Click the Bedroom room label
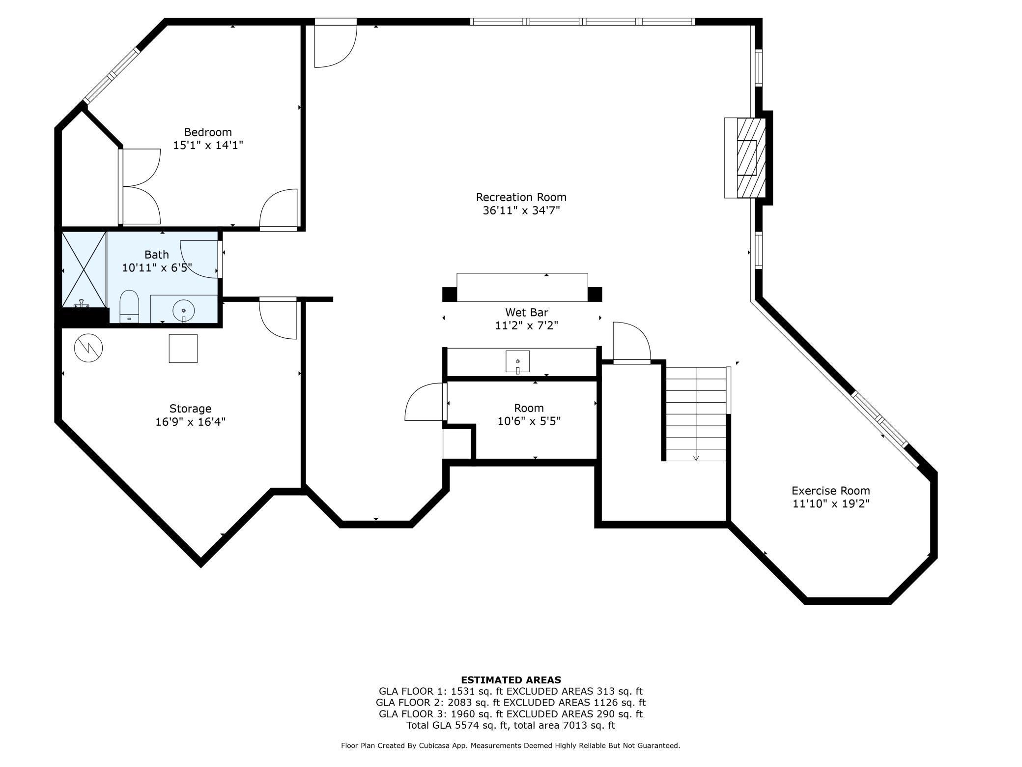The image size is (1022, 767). pos(208,132)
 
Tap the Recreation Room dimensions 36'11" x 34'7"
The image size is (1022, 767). pos(521,210)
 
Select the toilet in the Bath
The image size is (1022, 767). pos(130,306)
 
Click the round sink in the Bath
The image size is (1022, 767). pos(184,311)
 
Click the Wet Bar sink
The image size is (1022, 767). pos(518,362)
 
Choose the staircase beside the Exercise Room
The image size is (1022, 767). pos(696,413)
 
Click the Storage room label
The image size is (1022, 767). pos(190,409)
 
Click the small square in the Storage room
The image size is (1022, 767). pos(183,349)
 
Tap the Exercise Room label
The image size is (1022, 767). pos(831,491)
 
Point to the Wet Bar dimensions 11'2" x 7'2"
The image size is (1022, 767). pos(527,325)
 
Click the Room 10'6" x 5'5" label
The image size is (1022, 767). pos(529,414)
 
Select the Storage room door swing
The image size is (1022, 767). pos(278,318)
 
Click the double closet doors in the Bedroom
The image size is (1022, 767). pos(141,187)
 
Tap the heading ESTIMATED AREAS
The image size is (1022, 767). pos(511,680)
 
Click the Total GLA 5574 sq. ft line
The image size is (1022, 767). pos(511,725)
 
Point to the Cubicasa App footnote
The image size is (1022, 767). pos(511,746)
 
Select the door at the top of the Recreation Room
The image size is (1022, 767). pos(336,43)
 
